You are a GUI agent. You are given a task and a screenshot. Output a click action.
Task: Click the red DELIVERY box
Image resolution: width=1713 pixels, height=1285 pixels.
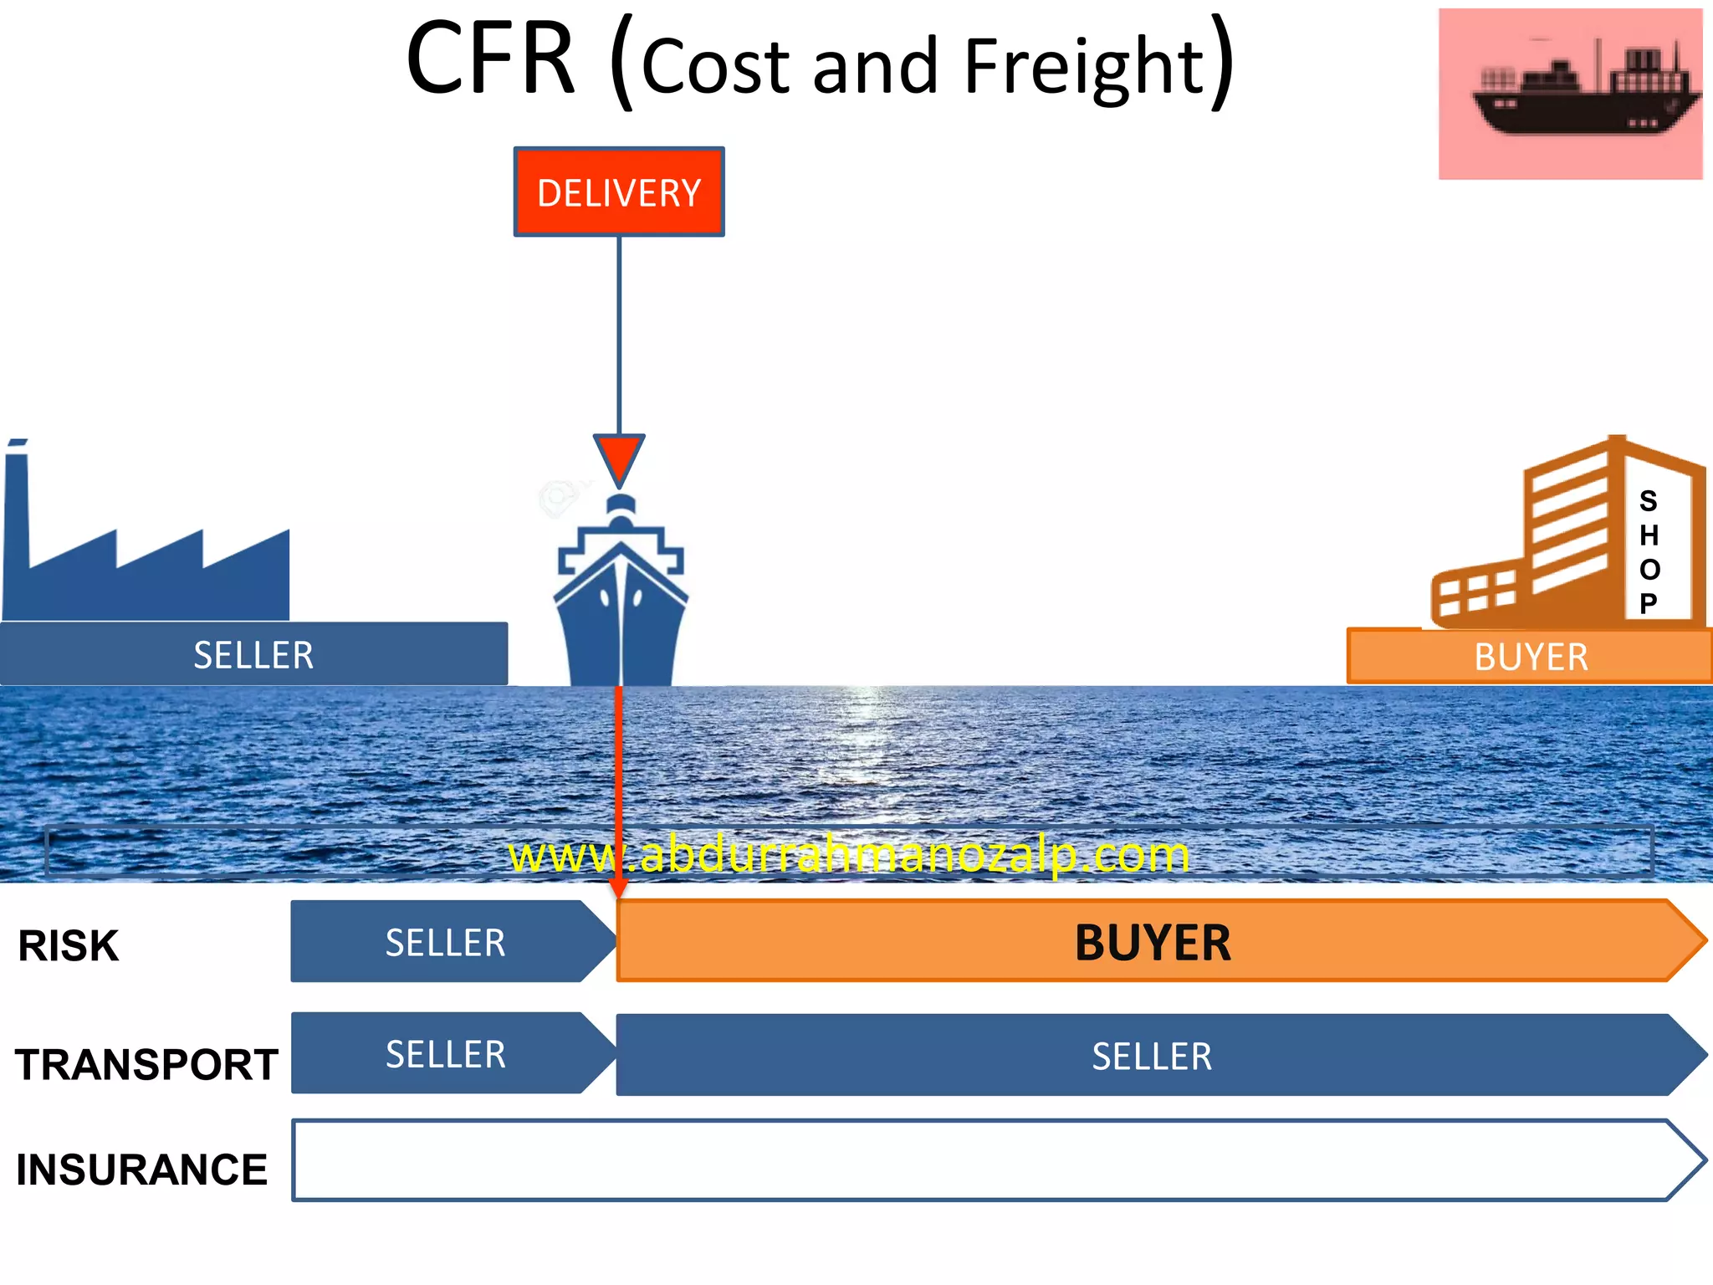619,192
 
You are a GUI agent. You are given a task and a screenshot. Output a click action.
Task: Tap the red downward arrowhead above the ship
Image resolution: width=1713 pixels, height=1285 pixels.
619,457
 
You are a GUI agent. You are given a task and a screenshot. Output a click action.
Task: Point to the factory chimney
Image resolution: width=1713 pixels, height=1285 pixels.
17,502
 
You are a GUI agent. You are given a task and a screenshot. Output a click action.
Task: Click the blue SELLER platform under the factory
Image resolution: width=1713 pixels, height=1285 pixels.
253,654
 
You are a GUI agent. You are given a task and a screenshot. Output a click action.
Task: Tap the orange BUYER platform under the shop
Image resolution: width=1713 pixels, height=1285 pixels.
1529,657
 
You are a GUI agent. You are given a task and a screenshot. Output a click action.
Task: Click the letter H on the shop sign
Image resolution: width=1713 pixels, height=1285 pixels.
1649,535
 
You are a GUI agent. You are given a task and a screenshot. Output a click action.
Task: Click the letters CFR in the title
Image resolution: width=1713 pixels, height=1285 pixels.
491,60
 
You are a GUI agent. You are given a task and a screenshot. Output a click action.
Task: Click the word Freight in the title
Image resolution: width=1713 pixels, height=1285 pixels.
1083,67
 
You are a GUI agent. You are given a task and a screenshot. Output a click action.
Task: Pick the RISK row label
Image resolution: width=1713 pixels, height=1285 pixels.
69,946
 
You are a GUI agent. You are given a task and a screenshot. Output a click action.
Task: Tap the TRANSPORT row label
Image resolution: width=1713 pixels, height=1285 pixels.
146,1065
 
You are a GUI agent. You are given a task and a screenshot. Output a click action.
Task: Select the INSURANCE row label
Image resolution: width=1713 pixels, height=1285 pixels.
142,1170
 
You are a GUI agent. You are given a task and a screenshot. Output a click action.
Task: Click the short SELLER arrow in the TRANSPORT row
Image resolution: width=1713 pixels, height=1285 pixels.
445,1054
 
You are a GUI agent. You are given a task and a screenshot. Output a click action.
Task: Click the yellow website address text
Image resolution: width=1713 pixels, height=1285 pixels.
849,855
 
